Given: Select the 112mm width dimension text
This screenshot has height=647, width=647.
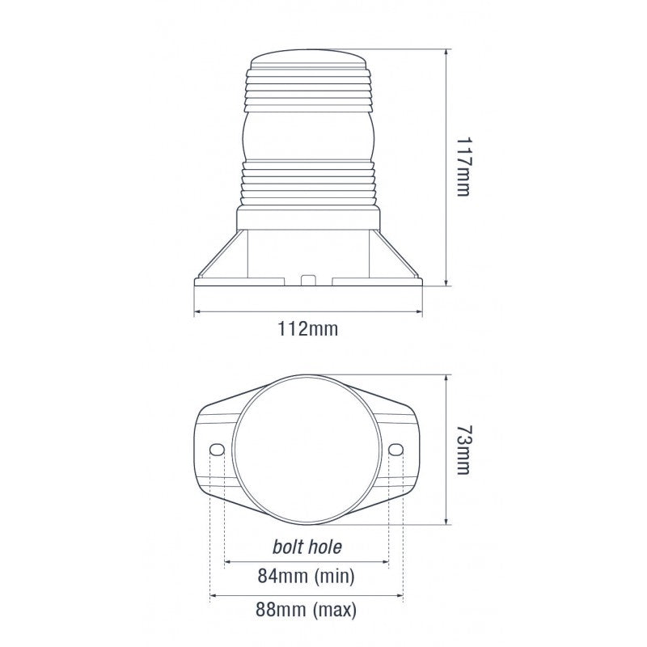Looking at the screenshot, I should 307,329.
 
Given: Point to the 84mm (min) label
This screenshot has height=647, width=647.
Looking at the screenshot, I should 307,577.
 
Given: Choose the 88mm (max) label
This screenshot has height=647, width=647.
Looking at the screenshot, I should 307,610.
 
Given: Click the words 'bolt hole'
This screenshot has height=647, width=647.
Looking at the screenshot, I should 307,547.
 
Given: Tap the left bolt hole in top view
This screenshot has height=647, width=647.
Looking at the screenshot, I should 217,450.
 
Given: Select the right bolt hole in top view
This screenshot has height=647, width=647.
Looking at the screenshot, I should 396,450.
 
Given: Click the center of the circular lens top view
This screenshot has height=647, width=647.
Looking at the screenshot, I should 307,450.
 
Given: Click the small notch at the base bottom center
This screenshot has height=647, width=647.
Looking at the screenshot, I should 307,281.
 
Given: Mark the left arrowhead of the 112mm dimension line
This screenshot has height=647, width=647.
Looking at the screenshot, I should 197,311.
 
